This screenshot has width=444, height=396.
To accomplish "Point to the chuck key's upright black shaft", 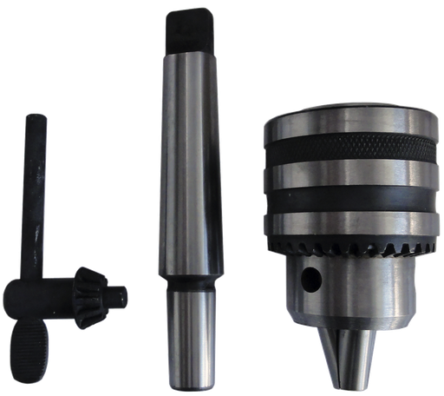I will point(36,191).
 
